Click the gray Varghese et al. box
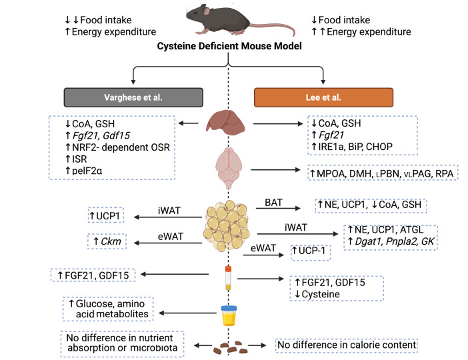coord(133,97)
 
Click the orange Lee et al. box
coord(323,97)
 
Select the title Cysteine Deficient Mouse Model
coord(229,46)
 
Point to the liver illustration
coord(225,122)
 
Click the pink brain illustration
coord(229,167)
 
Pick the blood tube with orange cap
coord(228,278)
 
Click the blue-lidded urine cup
coord(229,315)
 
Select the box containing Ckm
coord(107,241)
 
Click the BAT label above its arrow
coord(273,203)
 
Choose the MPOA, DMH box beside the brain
coord(383,173)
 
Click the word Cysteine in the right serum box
coord(321,294)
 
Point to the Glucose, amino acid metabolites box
coord(108,309)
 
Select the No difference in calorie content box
coord(346,345)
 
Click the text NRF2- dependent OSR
coord(121,147)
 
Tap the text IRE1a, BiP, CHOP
coord(355,147)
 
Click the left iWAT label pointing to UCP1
coord(169,211)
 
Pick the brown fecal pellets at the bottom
coord(230,348)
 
